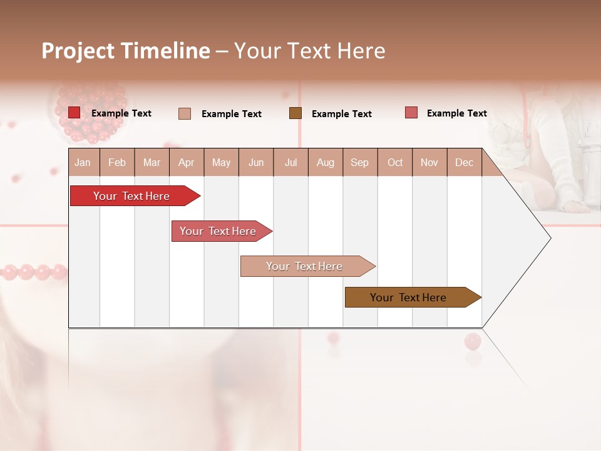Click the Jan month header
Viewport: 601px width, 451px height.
click(x=83, y=162)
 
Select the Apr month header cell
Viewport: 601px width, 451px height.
click(x=186, y=162)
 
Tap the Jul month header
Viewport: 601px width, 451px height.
click(x=290, y=162)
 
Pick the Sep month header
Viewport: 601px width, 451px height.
click(x=359, y=162)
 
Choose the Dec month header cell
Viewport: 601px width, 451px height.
click(x=464, y=162)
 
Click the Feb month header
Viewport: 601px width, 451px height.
click(x=117, y=162)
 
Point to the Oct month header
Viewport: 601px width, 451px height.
click(x=395, y=162)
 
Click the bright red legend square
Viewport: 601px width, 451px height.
click(x=74, y=113)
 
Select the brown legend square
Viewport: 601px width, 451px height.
click(x=295, y=113)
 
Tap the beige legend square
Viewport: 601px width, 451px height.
click(x=185, y=113)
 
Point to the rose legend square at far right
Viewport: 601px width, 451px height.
click(x=411, y=113)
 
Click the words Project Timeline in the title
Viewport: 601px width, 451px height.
click(x=125, y=51)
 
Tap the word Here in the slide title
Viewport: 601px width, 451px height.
click(x=361, y=51)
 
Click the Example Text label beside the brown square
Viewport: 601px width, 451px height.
click(x=341, y=114)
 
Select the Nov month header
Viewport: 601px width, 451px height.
click(x=429, y=162)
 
